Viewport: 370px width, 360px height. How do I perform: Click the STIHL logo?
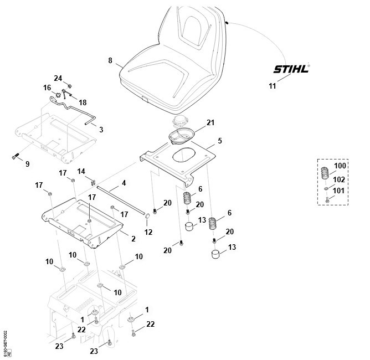291,69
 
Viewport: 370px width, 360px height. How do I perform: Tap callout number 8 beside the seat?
110,60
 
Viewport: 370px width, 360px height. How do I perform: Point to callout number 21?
210,122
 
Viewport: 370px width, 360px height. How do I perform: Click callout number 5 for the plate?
219,141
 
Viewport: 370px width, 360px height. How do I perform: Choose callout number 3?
101,129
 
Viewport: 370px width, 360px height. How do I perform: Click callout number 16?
47,88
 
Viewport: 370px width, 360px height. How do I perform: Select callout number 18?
83,102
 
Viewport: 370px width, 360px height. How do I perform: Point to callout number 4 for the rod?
124,182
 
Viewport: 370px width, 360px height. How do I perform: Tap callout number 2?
132,239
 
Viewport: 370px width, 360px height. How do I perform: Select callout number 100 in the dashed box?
339,166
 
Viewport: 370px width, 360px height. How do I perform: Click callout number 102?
339,179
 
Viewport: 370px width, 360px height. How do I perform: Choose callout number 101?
339,191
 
